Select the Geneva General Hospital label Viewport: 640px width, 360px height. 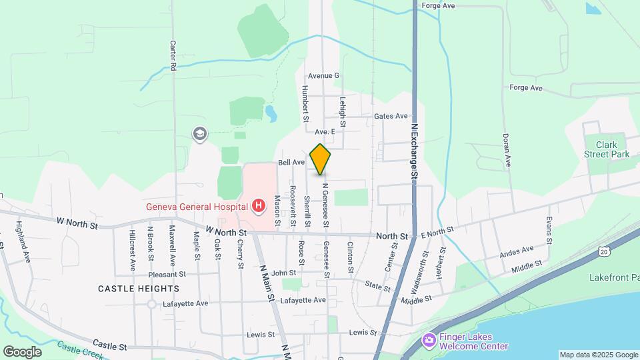pyautogui.click(x=197, y=205)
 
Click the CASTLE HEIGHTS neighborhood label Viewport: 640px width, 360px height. pyautogui.click(x=139, y=289)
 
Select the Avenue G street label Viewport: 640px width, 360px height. pyautogui.click(x=323, y=76)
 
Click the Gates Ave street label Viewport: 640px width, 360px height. pyautogui.click(x=391, y=116)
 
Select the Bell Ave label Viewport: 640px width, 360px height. pyautogui.click(x=291, y=163)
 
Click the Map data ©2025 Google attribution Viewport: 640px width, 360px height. pyautogui.click(x=599, y=355)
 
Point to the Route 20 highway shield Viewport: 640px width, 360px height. pyautogui.click(x=603, y=252)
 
